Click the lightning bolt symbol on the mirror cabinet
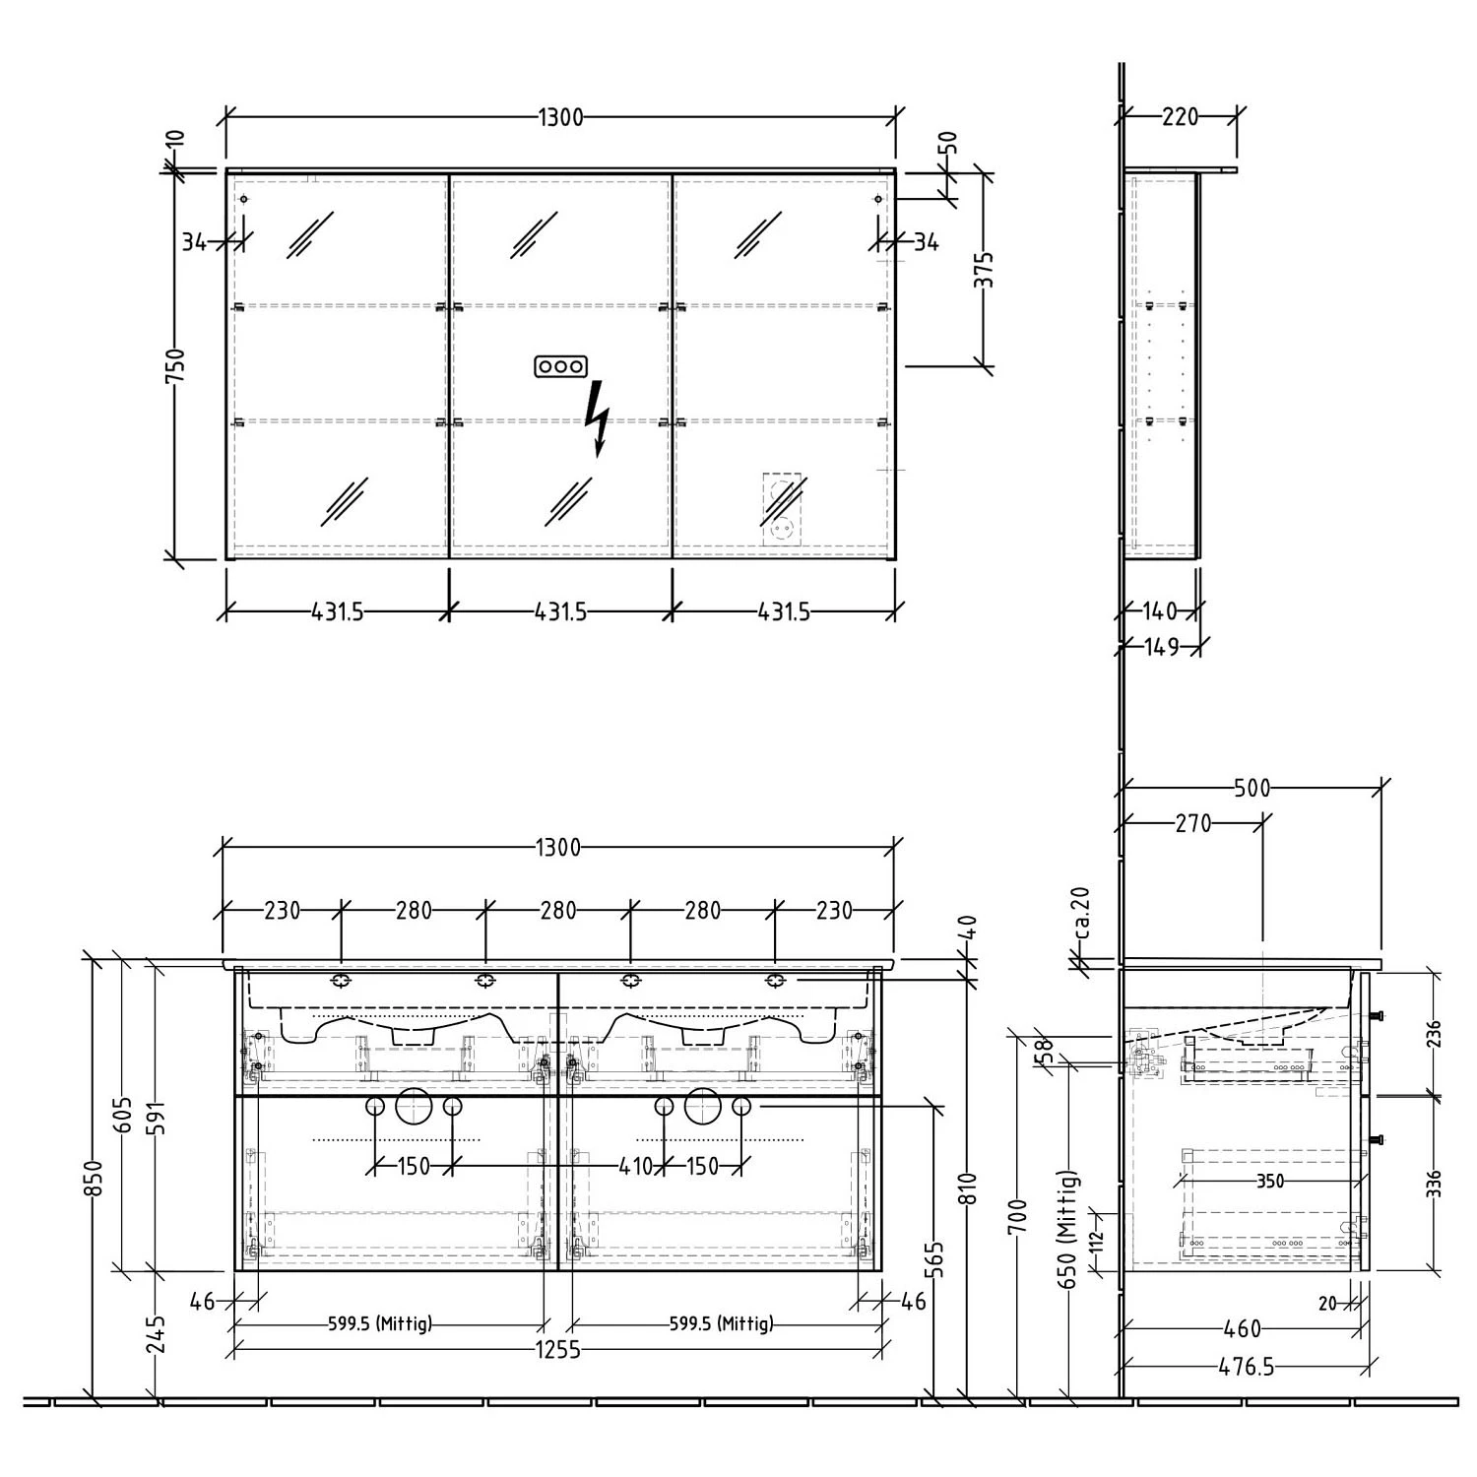(x=596, y=418)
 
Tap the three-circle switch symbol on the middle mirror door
(x=560, y=366)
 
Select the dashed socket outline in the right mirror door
(x=784, y=508)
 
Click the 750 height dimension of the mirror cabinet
(x=175, y=365)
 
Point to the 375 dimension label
(x=984, y=270)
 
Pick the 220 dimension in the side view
(x=1180, y=117)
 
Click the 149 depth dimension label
(x=1161, y=648)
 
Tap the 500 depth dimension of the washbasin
(x=1252, y=788)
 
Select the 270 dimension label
(x=1192, y=823)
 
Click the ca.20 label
(x=1081, y=915)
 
